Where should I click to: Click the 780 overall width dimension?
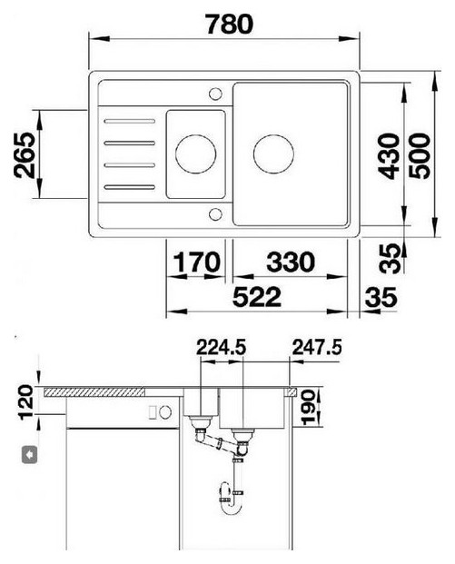coord(230,24)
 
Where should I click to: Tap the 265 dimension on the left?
coord(25,155)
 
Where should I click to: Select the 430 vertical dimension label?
coord(389,156)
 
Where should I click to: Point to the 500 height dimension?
coord(420,156)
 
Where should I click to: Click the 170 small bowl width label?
coord(197,262)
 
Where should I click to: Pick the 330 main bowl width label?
coord(291,262)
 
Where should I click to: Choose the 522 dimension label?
coord(257,297)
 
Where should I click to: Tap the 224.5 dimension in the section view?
coord(222,348)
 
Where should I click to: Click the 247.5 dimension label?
coord(317,348)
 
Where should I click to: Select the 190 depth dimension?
coord(308,408)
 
